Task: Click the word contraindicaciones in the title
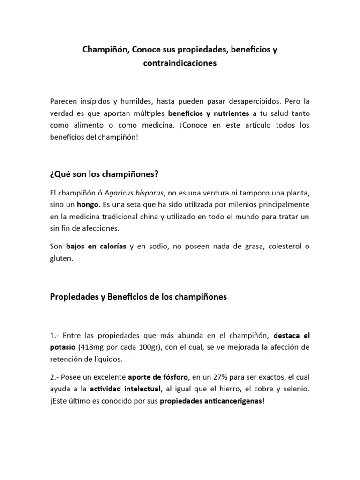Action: coord(180,63)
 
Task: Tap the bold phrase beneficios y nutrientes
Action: coord(209,113)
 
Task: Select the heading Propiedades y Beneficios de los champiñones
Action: coord(138,297)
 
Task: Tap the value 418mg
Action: coord(95,347)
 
